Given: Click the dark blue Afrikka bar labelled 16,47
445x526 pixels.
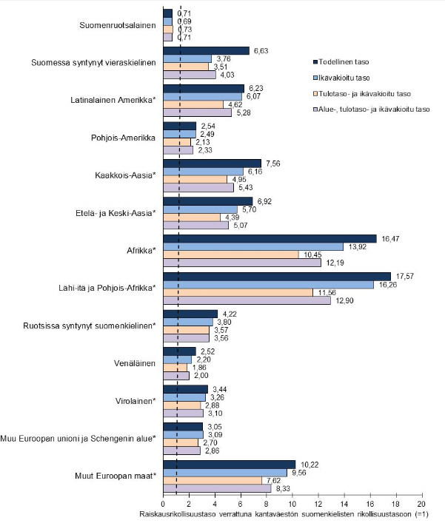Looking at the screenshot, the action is tap(270, 238).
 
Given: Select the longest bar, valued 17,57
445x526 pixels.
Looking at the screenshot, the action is tap(277, 277).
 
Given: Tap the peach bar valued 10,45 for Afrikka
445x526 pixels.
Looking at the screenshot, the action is tap(231, 254).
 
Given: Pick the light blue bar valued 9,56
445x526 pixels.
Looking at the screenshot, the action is tap(225, 473).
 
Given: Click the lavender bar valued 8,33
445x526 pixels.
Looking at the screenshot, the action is tap(217, 489).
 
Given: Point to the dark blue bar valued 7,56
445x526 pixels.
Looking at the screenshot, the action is tap(213, 163).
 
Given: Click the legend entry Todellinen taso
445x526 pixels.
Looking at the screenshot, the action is tap(341, 61).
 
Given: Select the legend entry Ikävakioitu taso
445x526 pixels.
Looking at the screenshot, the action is tap(341, 78).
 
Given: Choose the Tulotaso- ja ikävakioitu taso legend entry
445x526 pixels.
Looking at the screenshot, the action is tap(362, 94).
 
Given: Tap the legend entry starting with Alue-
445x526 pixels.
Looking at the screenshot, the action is tap(371, 109).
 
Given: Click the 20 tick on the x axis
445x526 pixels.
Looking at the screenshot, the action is tap(421, 504).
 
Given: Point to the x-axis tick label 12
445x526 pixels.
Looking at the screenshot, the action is tap(318, 504).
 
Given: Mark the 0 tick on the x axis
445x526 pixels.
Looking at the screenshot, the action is tap(163, 504).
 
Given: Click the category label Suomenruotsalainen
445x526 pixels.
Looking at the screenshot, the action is tap(118, 25).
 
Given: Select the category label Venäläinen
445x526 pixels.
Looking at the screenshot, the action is tap(135, 363).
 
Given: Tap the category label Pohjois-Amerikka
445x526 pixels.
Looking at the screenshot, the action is tap(123, 138).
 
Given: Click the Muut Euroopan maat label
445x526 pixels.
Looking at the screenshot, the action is tap(116, 476).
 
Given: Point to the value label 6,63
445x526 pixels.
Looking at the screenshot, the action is tap(261, 51).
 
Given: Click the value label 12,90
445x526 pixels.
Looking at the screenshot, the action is tap(344, 300).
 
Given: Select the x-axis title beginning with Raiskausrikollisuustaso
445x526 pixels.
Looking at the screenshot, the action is tap(284, 514).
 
